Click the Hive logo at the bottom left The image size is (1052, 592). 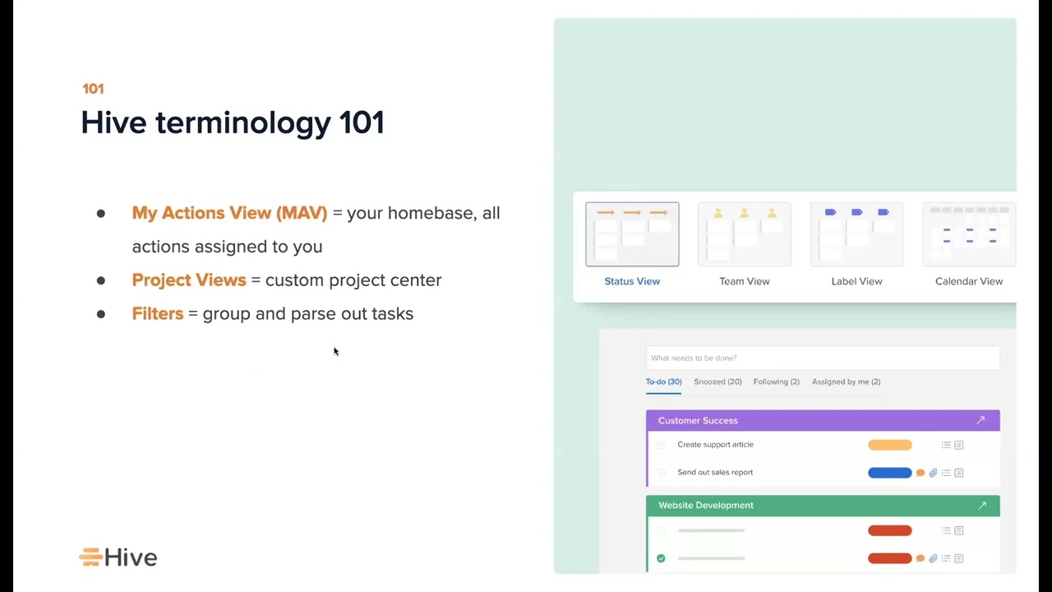(118, 557)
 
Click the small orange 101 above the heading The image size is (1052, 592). (93, 89)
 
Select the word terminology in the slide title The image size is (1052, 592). (242, 123)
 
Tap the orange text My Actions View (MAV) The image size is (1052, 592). (229, 213)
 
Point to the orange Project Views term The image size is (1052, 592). (189, 280)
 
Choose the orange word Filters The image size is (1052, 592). (158, 314)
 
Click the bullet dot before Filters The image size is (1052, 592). (101, 314)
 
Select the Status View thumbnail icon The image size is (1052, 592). (632, 234)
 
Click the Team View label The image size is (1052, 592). (744, 281)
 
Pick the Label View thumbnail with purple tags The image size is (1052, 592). (856, 234)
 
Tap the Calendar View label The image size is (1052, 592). (968, 281)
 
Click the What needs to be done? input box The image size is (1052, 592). (822, 358)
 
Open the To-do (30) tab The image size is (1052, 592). (663, 382)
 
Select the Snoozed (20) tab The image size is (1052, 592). (717, 382)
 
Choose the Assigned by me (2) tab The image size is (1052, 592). (846, 382)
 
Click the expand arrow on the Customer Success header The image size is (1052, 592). (980, 420)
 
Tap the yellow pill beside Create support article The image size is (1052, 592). (889, 445)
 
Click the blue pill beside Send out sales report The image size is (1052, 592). (889, 473)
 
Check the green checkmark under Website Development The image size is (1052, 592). (661, 558)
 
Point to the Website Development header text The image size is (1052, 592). (705, 506)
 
